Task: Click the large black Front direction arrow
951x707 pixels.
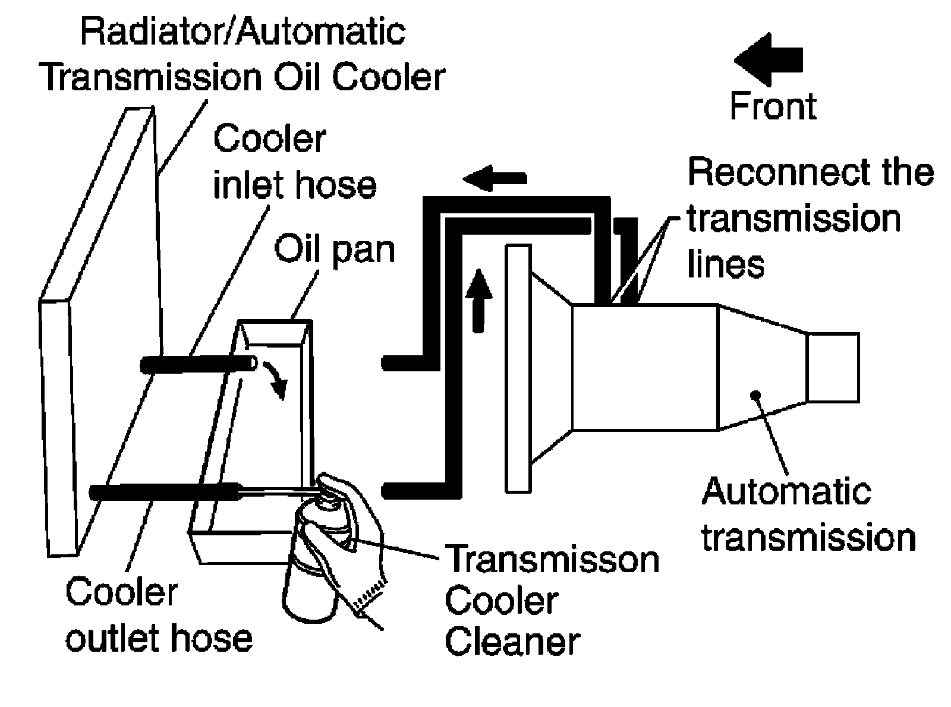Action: tap(767, 59)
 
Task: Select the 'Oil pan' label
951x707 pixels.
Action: tap(334, 250)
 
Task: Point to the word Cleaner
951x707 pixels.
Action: tap(512, 642)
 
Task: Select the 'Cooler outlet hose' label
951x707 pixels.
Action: tap(159, 616)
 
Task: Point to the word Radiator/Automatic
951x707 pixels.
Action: tap(243, 31)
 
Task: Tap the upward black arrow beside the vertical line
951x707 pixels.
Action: tap(478, 301)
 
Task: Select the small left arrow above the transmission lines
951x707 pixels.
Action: tap(495, 178)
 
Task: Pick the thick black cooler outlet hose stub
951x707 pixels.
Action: tap(165, 492)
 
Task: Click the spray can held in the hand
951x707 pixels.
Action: tap(310, 561)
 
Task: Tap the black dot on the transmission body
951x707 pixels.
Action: tap(756, 394)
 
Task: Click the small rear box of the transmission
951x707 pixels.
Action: tap(833, 367)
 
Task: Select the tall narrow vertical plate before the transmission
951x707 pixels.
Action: tap(518, 368)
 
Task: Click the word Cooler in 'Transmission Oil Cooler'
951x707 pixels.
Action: tap(389, 78)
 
